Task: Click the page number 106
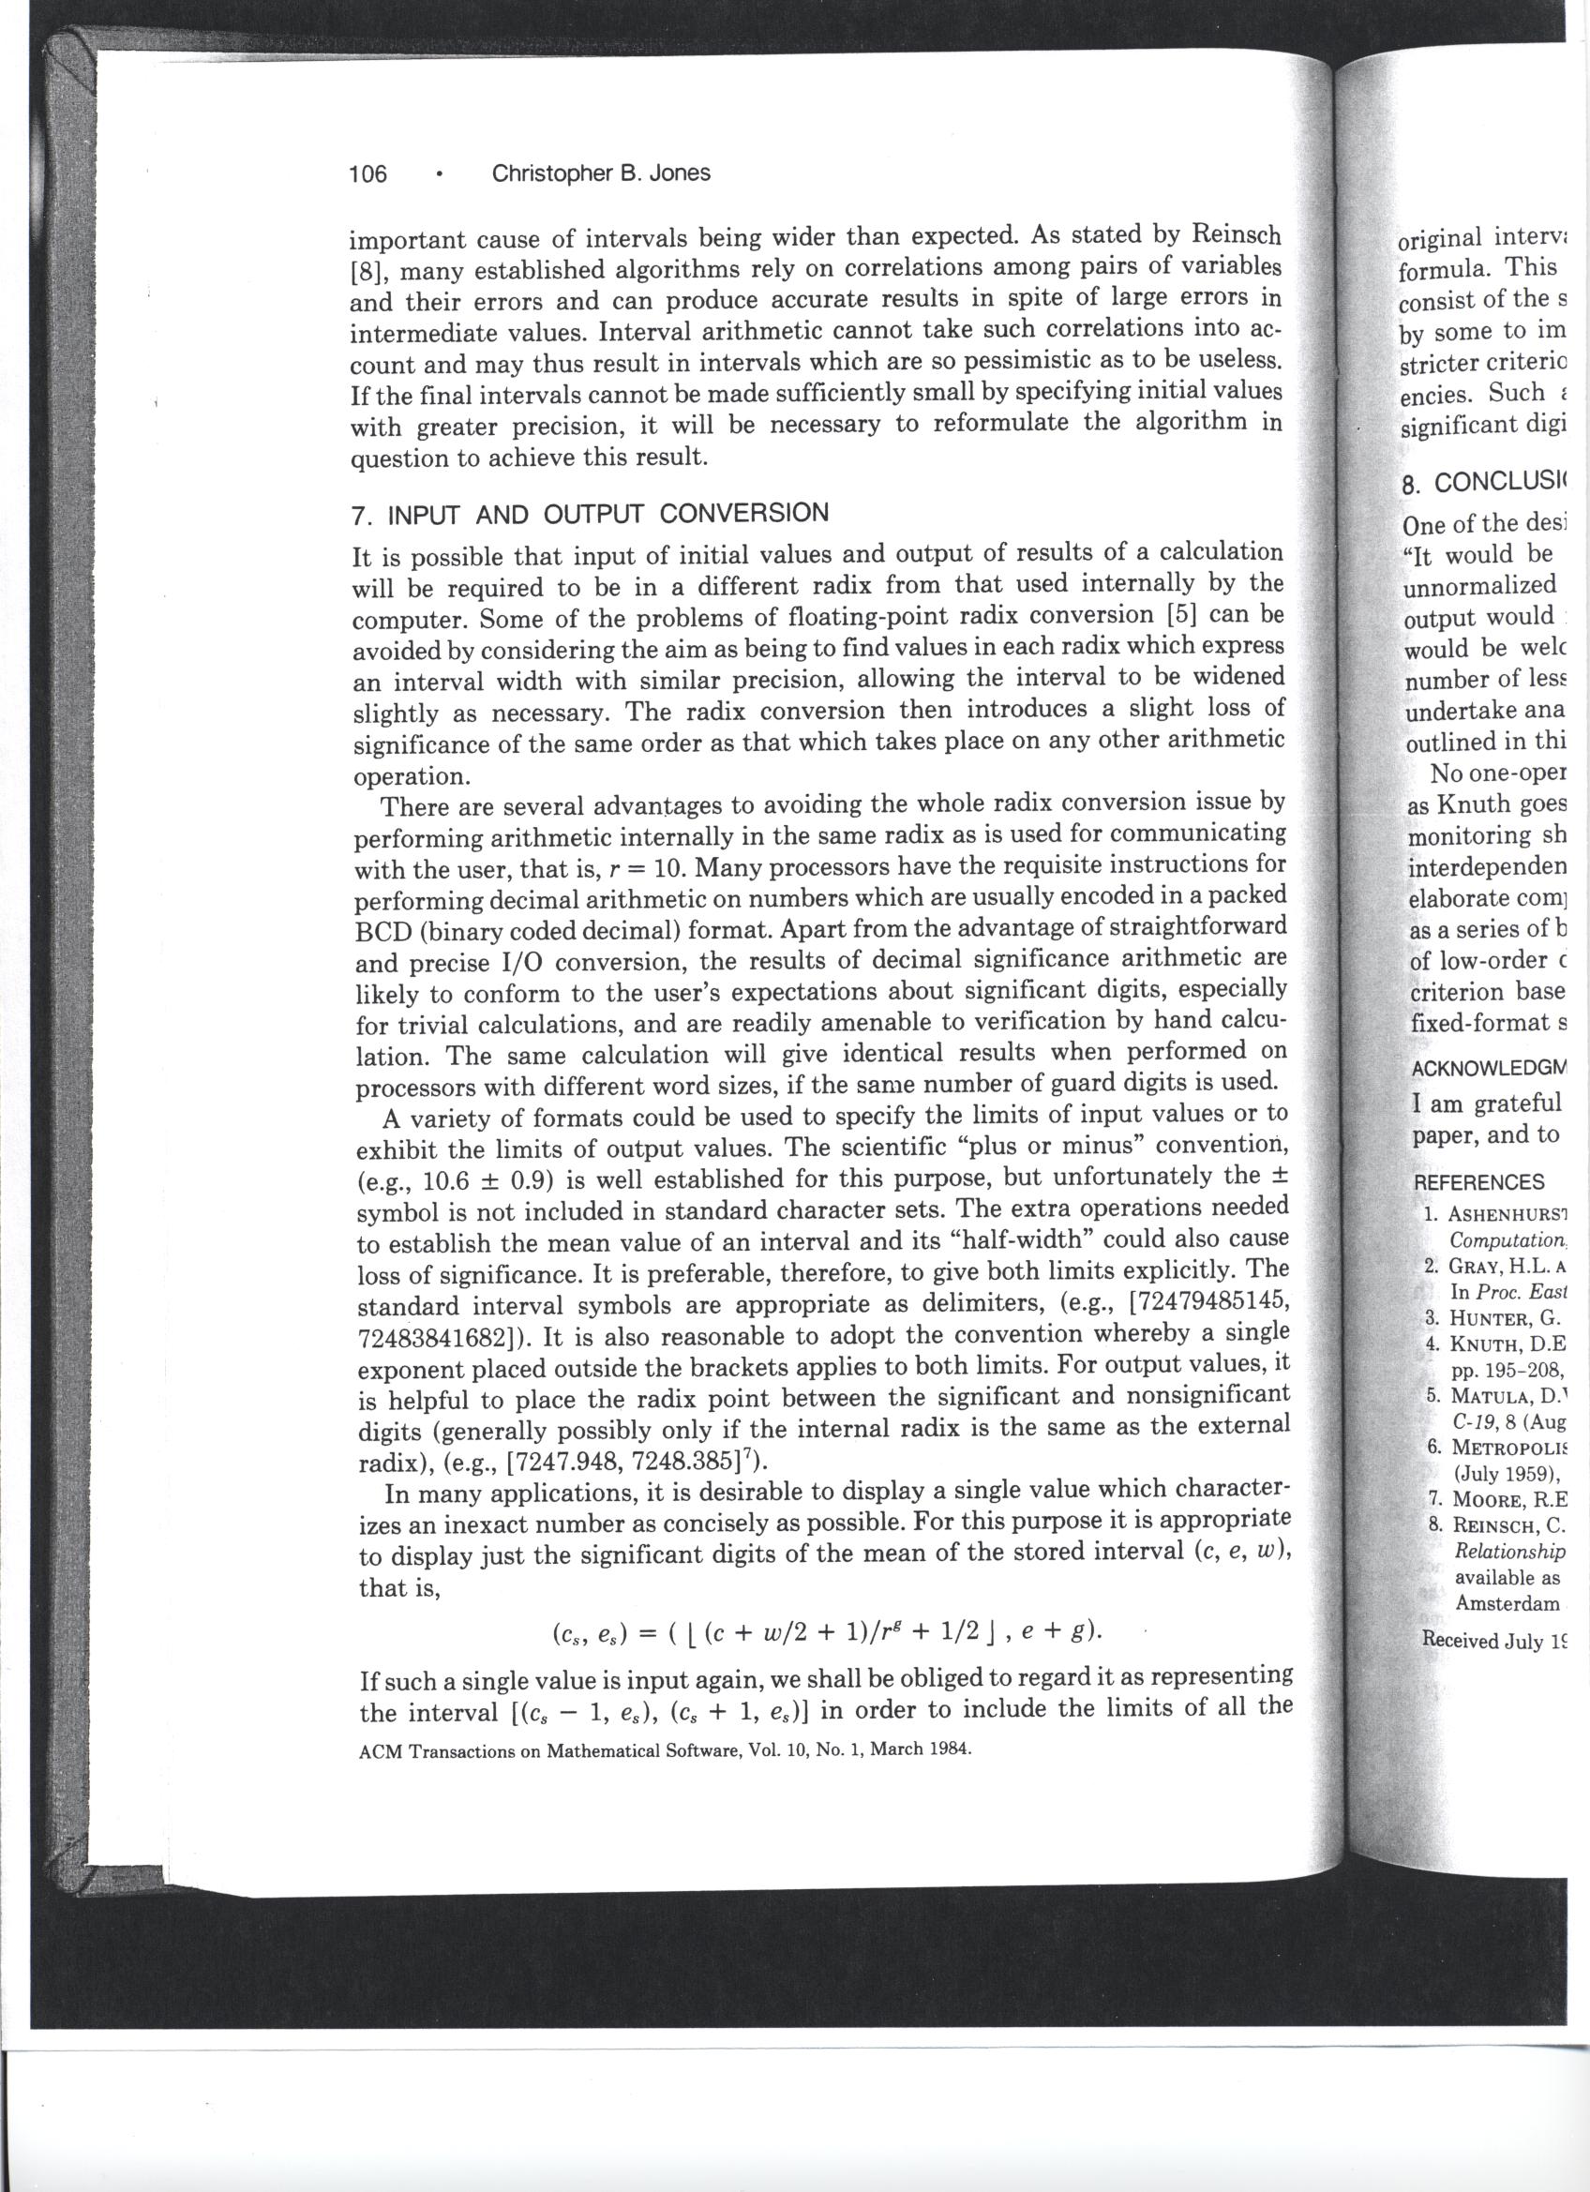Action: pos(367,174)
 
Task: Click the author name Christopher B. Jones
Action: pos(600,173)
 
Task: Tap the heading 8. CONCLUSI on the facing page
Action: pos(1485,480)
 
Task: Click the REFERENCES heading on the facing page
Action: pos(1478,1183)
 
